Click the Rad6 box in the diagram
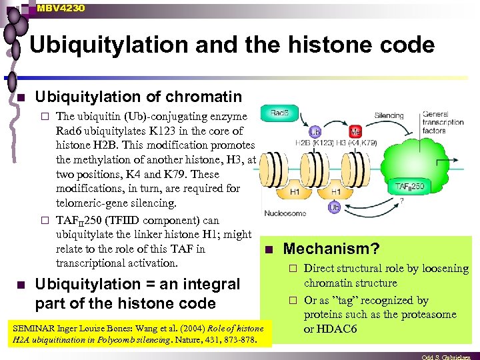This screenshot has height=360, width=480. point(280,113)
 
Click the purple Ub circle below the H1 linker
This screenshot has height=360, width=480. point(334,208)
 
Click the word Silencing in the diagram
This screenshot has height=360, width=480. point(389,115)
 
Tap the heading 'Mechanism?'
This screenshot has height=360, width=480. point(331,249)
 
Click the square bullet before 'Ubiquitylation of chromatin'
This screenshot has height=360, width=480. point(21,98)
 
